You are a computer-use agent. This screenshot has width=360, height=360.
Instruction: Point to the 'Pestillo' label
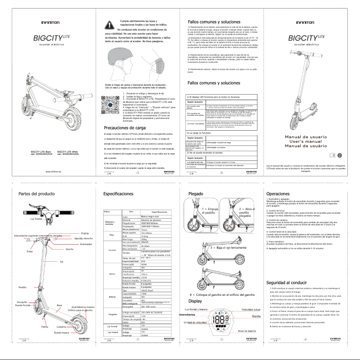click(22, 287)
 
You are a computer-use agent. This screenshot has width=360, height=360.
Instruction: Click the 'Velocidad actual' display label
click(250, 310)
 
